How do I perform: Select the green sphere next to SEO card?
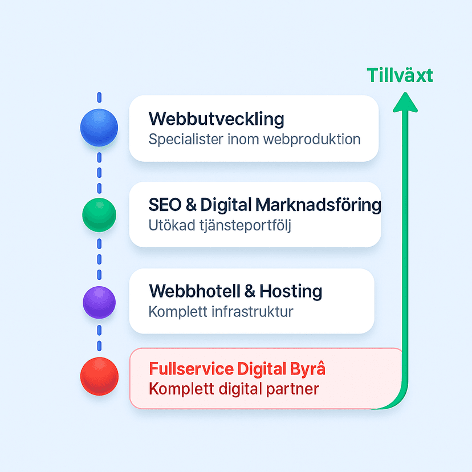tap(99, 214)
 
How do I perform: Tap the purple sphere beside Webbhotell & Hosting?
tap(99, 302)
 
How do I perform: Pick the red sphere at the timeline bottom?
tap(99, 376)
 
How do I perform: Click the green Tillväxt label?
tap(400, 75)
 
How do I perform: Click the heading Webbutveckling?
tap(216, 119)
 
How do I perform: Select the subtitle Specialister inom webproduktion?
tap(254, 139)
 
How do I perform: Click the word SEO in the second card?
tap(165, 204)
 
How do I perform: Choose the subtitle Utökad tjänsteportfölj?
tap(219, 226)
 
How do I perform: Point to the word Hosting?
tap(291, 291)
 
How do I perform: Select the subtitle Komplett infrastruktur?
tap(221, 312)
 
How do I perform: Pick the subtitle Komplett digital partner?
tap(234, 390)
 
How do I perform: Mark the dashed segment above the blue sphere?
tap(99, 97)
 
